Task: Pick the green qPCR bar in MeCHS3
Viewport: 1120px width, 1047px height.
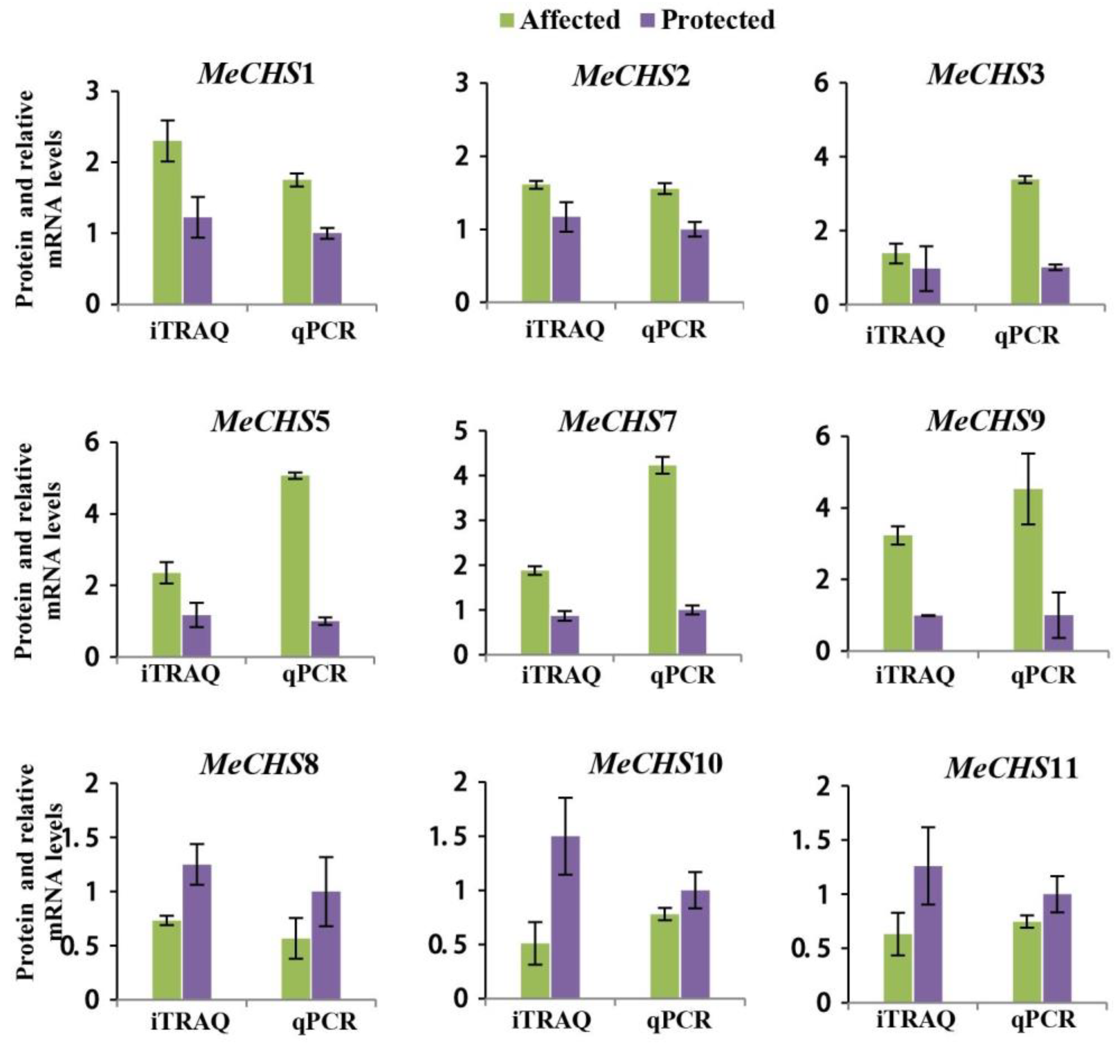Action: point(1025,242)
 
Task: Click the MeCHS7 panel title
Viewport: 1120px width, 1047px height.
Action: point(617,422)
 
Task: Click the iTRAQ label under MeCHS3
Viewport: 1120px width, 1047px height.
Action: point(905,336)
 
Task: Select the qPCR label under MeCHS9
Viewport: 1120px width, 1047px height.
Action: point(1043,675)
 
